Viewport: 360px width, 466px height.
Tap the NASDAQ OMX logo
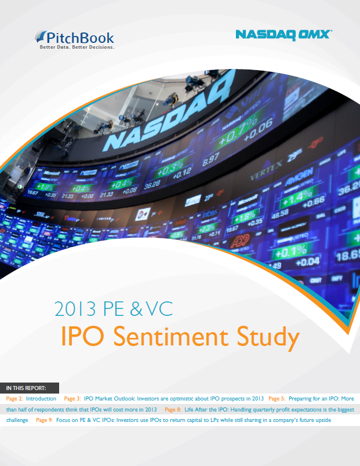click(283, 35)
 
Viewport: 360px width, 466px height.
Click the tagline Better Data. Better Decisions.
click(77, 48)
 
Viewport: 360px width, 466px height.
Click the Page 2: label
click(14, 399)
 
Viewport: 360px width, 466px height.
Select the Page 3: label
click(72, 399)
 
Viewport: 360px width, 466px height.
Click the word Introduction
click(41, 399)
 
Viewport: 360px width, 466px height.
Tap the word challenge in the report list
click(17, 420)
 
